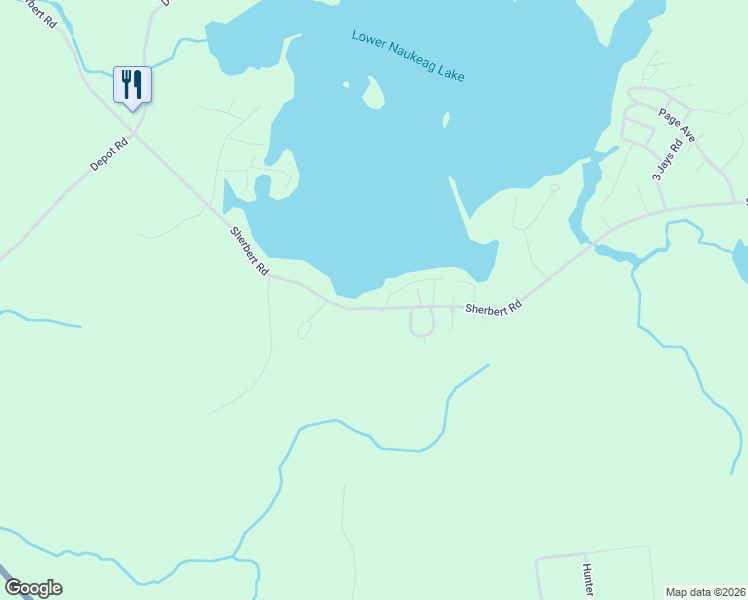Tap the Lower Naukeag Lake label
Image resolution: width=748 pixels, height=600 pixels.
[408, 55]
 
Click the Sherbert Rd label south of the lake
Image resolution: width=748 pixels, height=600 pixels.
[493, 310]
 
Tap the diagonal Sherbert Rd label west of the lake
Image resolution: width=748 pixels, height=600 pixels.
[249, 251]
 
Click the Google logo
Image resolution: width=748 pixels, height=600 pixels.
[33, 588]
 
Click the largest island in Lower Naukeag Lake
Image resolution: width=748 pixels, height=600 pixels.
[374, 94]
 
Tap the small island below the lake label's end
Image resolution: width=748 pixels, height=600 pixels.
[446, 120]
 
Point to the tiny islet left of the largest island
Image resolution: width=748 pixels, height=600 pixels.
[345, 85]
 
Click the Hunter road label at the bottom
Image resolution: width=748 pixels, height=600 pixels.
[588, 579]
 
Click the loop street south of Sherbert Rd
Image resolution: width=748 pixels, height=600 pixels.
[422, 323]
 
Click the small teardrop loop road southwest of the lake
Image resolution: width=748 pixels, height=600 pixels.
[304, 330]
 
